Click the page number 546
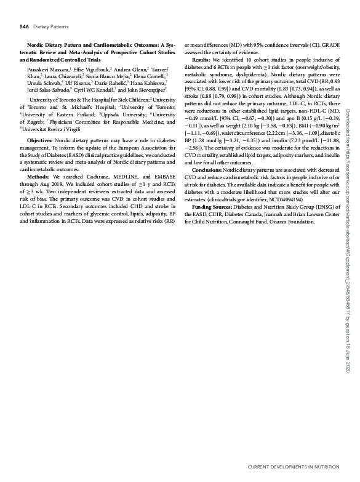[25, 27]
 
